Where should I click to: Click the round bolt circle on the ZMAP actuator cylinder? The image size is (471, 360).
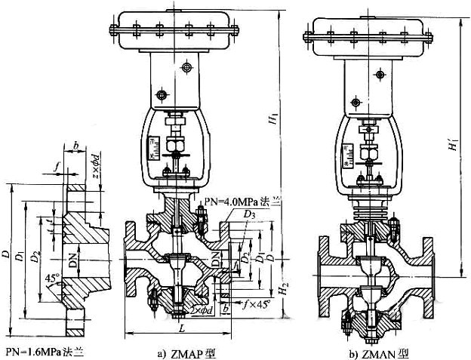tap(160, 94)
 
